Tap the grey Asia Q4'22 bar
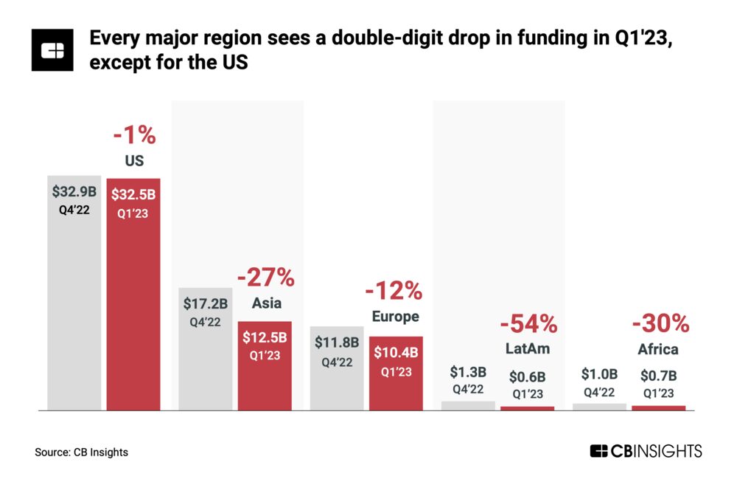[206, 354]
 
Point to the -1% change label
[133, 136]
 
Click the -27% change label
[265, 278]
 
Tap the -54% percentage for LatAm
[528, 323]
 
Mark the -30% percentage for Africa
[660, 323]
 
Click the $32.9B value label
[74, 191]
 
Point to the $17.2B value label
[206, 303]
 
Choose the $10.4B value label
[396, 353]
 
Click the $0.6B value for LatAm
[527, 376]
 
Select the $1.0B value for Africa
[599, 374]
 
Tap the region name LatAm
[528, 348]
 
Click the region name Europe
[396, 317]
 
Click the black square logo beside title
[52, 50]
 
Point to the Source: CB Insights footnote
[81, 452]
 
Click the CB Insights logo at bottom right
[646, 451]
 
